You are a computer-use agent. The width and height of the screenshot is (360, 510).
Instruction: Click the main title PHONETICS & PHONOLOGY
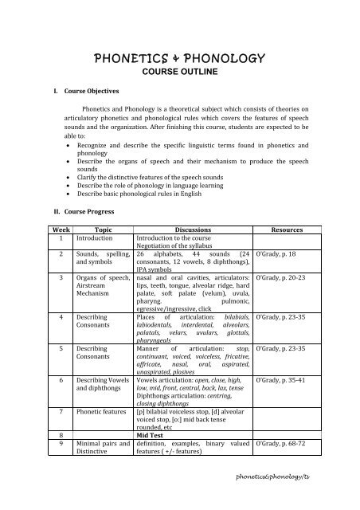[x=179, y=58]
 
